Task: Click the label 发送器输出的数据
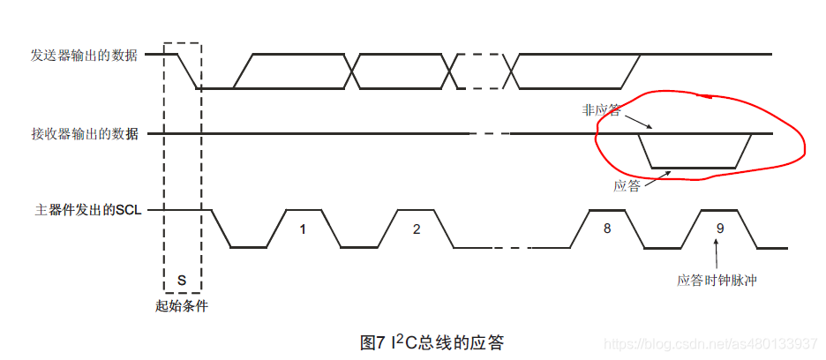[85, 55]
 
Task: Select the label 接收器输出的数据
[85, 134]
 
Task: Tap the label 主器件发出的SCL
[88, 211]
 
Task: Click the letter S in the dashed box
[182, 280]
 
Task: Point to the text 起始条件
[182, 307]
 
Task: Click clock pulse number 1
[303, 229]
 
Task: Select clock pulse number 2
[417, 229]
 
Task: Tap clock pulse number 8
[606, 229]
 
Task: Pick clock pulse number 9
[720, 229]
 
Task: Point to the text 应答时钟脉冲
[718, 281]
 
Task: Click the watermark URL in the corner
[715, 342]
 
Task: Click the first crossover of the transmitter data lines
[353, 71]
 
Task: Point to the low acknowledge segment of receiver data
[694, 167]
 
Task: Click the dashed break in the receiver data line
[491, 134]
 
